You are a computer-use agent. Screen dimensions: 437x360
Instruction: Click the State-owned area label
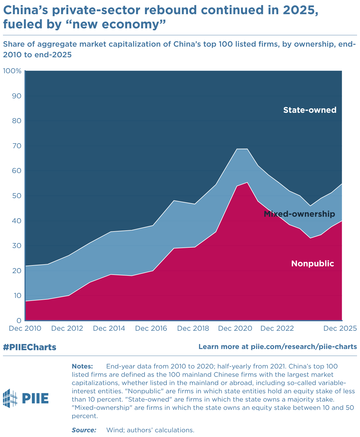click(x=310, y=110)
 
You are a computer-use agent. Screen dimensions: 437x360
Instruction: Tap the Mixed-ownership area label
click(x=299, y=214)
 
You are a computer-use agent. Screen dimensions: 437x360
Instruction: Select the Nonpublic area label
click(x=312, y=264)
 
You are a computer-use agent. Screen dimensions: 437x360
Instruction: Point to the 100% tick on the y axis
click(x=12, y=71)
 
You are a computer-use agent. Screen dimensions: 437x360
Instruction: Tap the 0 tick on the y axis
click(x=19, y=321)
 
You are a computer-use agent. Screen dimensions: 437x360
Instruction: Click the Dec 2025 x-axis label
click(x=340, y=329)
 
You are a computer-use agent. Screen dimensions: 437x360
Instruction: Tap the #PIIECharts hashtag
click(x=30, y=347)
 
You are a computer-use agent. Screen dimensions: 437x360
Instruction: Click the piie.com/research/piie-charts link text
click(x=304, y=347)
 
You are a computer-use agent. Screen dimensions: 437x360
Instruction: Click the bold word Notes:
click(x=82, y=366)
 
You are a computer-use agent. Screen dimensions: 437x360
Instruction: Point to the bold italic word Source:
click(x=84, y=430)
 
